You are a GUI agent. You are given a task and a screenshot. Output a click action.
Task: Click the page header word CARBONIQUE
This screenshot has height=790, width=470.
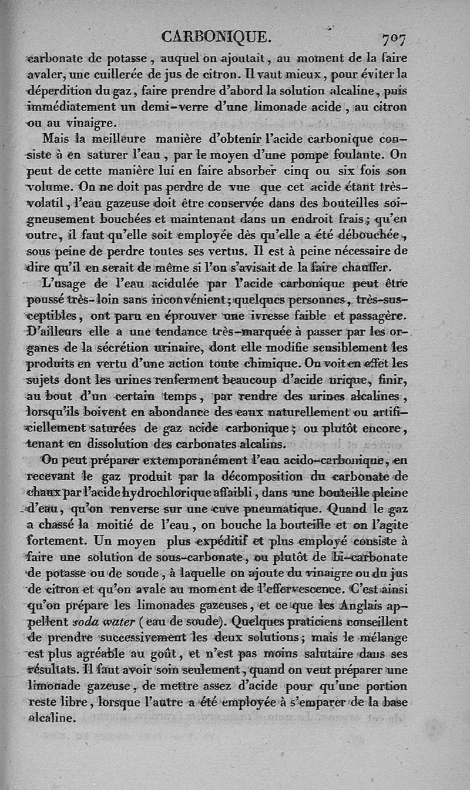pyautogui.click(x=215, y=38)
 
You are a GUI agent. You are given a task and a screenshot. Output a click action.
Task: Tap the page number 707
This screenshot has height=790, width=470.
pyautogui.click(x=394, y=39)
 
